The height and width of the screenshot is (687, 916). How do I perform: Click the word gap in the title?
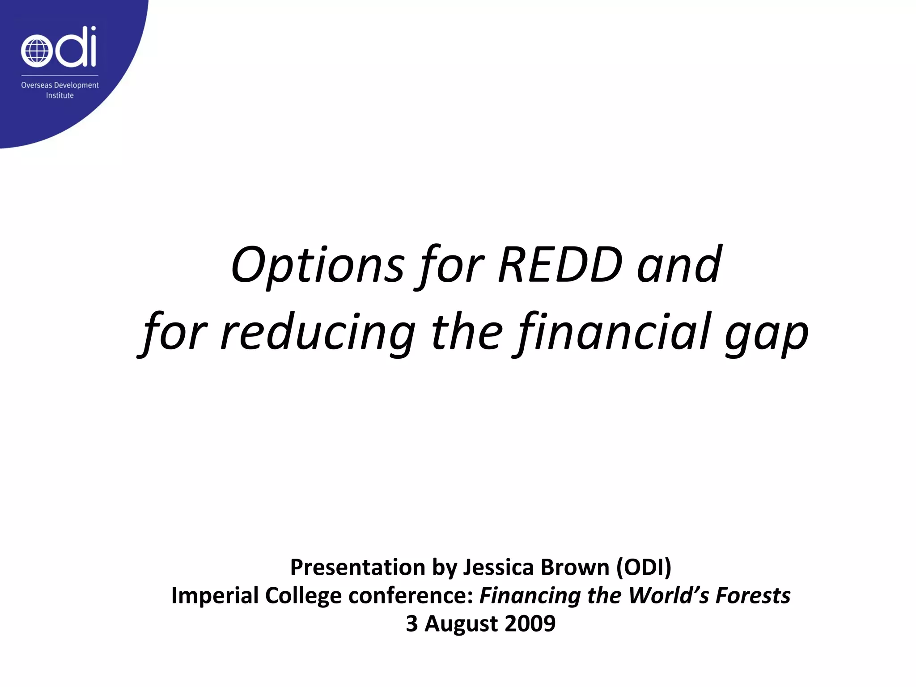tap(766, 335)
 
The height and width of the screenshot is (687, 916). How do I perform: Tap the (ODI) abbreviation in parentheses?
tap(644, 568)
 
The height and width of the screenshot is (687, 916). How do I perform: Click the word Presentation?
tap(358, 568)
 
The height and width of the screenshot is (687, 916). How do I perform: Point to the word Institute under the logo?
tap(59, 95)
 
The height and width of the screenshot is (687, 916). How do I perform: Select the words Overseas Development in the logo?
tap(60, 85)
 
